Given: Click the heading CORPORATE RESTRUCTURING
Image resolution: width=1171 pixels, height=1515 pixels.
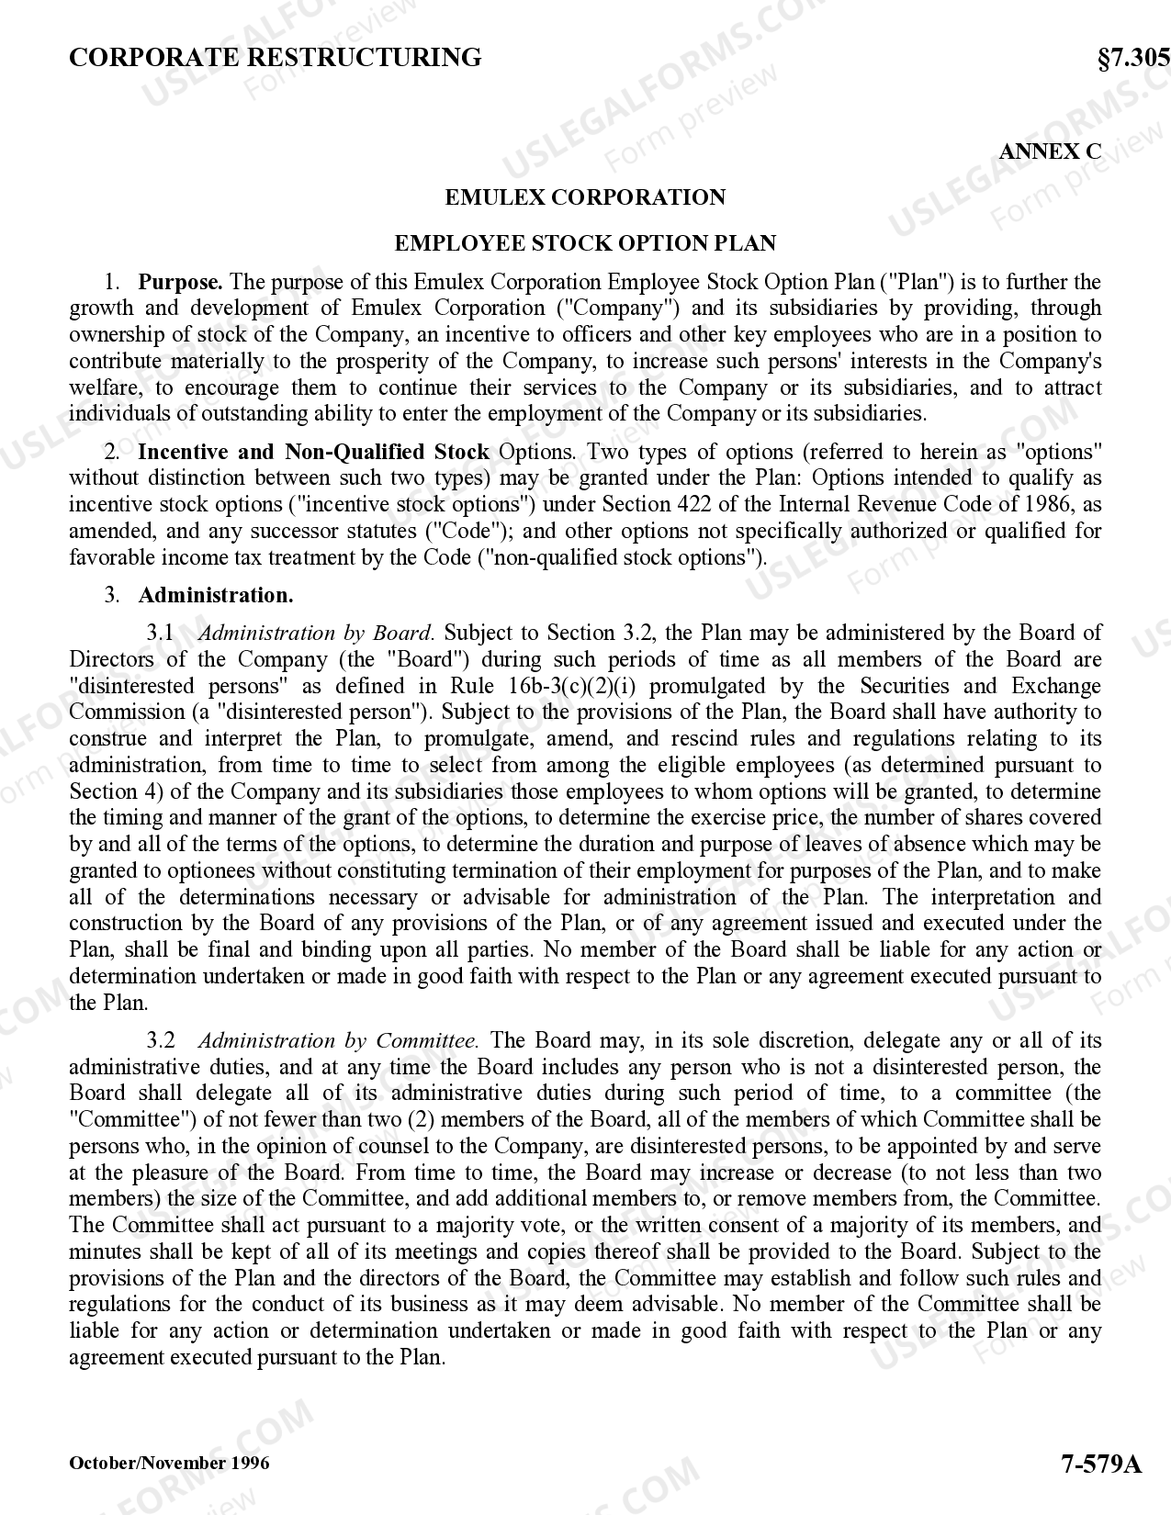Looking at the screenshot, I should [276, 58].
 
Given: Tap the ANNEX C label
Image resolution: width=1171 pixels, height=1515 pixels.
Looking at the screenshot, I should [1049, 151].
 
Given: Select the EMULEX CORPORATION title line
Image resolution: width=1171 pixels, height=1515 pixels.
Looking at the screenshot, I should [585, 197].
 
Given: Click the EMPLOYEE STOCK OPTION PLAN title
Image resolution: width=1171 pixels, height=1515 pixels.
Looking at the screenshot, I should [585, 243].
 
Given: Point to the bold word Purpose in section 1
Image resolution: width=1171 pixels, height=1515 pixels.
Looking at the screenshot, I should [180, 282].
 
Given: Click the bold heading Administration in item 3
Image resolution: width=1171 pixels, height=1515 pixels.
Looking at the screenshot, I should [216, 595].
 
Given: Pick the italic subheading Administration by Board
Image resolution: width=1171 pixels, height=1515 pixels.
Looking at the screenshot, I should [316, 633].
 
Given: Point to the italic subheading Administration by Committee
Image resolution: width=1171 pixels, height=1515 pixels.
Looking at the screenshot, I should [338, 1040].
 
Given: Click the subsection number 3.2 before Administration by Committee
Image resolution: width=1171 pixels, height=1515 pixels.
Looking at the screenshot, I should [161, 1040].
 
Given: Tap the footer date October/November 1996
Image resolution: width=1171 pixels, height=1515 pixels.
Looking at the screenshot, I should [170, 1463].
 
